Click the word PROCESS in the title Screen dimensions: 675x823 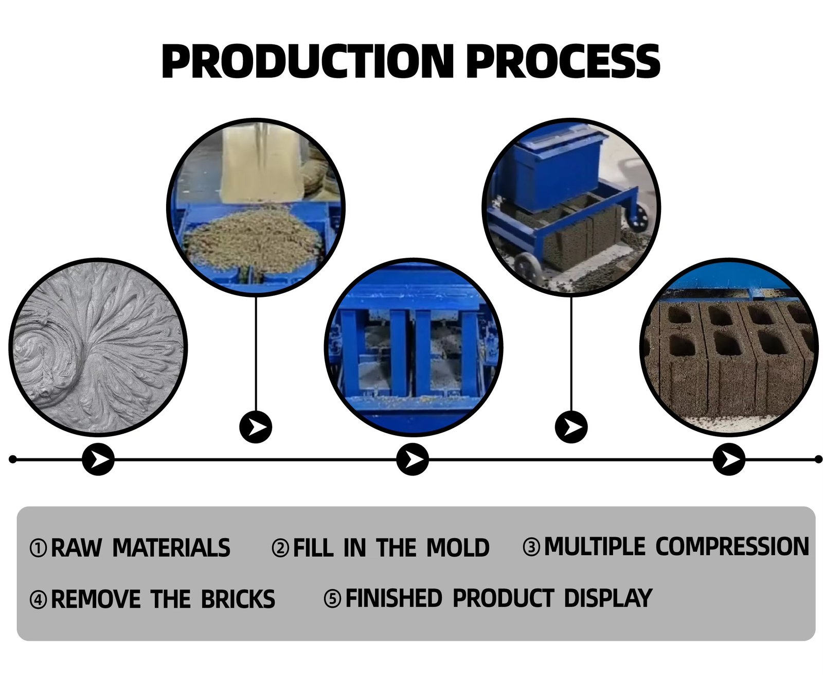coord(563,62)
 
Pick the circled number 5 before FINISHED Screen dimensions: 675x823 coord(332,599)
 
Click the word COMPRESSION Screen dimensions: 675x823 coord(732,547)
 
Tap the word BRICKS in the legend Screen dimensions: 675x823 coord(238,599)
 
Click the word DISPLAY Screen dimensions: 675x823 coord(607,598)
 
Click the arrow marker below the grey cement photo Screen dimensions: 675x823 coord(98,459)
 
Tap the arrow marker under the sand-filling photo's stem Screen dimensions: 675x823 coord(256,427)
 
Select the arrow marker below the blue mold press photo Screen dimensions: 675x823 coord(413,459)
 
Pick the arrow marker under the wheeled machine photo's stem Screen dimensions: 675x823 coord(571,427)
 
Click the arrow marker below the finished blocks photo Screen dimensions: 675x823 coord(729,459)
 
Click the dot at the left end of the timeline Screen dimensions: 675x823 coord(13,459)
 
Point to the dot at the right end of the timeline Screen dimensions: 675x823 coord(818,459)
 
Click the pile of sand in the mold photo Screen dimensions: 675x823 coord(252,239)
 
